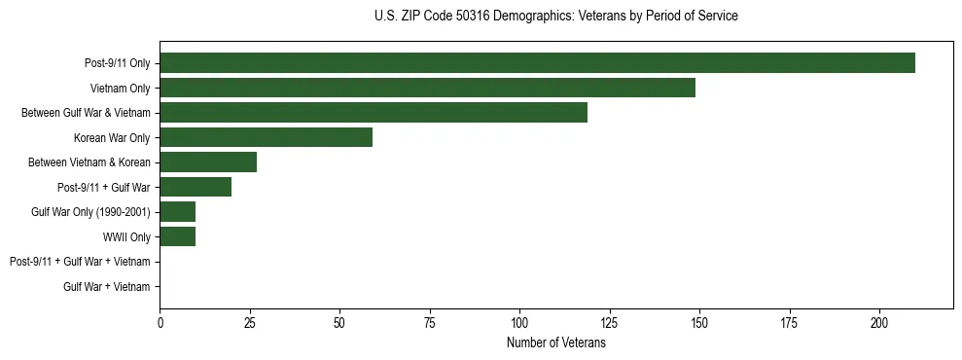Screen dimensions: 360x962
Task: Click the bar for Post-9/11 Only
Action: [x=537, y=63]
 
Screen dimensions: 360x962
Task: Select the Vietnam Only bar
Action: [x=427, y=88]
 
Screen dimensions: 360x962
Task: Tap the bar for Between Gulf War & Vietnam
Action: [x=374, y=113]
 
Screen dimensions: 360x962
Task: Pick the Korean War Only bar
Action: [x=266, y=137]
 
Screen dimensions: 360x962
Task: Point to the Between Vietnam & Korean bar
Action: [x=208, y=162]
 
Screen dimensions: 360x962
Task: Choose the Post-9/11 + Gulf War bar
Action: [x=196, y=187]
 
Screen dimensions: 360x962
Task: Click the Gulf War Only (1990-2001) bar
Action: [x=178, y=212]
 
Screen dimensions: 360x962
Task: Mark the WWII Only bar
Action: [x=178, y=236]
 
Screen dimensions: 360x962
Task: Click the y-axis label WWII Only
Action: [x=126, y=236]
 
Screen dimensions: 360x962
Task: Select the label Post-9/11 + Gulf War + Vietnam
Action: [x=80, y=262]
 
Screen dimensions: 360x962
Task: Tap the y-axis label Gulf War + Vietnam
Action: [x=107, y=286]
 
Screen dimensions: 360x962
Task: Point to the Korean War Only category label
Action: [x=112, y=137]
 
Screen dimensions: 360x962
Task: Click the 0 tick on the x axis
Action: [x=160, y=321]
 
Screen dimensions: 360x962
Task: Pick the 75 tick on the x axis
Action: [x=430, y=321]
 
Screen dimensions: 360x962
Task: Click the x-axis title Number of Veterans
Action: [x=556, y=343]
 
